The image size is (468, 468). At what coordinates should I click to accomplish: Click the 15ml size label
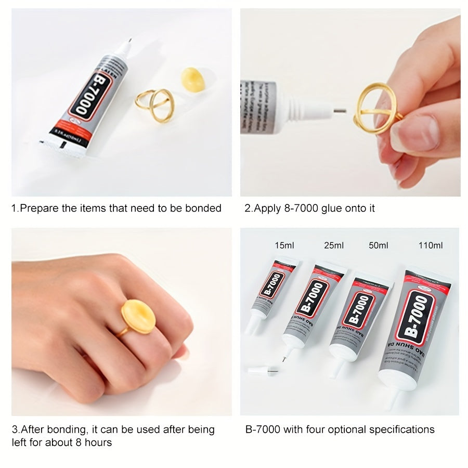[284, 245]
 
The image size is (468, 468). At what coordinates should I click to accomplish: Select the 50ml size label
[378, 245]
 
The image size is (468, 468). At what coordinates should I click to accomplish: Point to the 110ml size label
[431, 245]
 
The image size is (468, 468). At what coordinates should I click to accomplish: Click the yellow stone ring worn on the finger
[138, 317]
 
